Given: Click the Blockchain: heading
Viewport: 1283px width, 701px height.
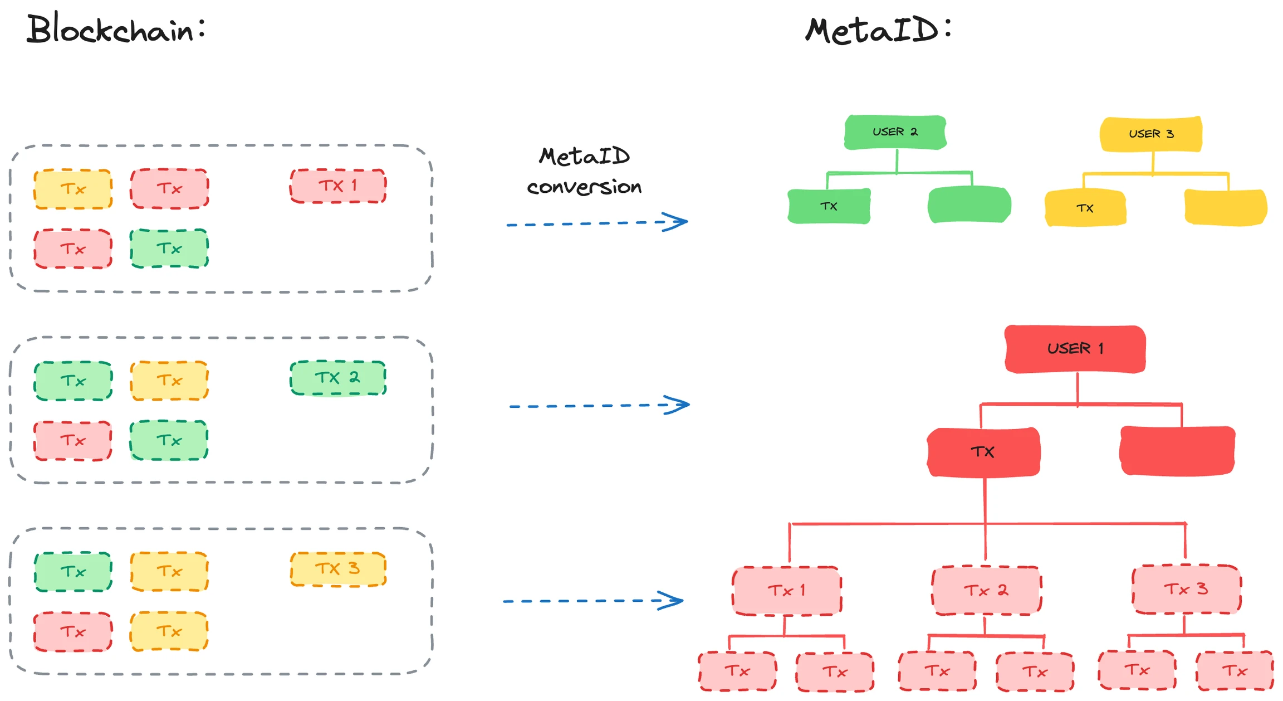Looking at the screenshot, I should pyautogui.click(x=116, y=29).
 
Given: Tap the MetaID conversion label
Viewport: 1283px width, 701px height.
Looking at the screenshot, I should pyautogui.click(x=584, y=171).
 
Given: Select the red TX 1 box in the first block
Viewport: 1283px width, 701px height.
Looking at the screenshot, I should pyautogui.click(x=338, y=186).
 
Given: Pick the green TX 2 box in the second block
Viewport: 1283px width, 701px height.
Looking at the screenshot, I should pyautogui.click(x=338, y=378).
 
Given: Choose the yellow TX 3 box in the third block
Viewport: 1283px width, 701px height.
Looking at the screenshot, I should pyautogui.click(x=338, y=569).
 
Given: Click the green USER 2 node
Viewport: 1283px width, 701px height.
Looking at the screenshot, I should pyautogui.click(x=895, y=133).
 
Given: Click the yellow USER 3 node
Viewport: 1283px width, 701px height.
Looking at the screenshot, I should pyautogui.click(x=1151, y=134).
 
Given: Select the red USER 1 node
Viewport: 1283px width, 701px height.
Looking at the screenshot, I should pyautogui.click(x=1075, y=349).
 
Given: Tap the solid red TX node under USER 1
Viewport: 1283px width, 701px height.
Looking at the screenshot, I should pyautogui.click(x=983, y=452).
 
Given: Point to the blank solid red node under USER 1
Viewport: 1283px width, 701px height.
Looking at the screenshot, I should pyautogui.click(x=1177, y=451).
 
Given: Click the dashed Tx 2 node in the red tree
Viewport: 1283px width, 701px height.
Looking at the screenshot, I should pyautogui.click(x=986, y=591).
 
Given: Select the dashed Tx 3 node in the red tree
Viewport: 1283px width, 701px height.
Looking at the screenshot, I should pyautogui.click(x=1186, y=590).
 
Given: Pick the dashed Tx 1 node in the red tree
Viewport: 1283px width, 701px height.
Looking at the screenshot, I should pyautogui.click(x=786, y=591).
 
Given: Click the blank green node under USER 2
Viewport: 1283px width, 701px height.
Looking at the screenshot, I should pyautogui.click(x=969, y=205).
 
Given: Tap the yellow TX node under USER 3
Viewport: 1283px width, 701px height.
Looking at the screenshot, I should pyautogui.click(x=1085, y=208).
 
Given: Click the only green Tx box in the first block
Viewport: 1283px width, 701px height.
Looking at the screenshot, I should pyautogui.click(x=169, y=249).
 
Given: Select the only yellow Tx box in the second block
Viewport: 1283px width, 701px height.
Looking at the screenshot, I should pyautogui.click(x=169, y=381).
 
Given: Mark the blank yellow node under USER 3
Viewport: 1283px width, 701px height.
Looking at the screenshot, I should pyautogui.click(x=1226, y=208).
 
